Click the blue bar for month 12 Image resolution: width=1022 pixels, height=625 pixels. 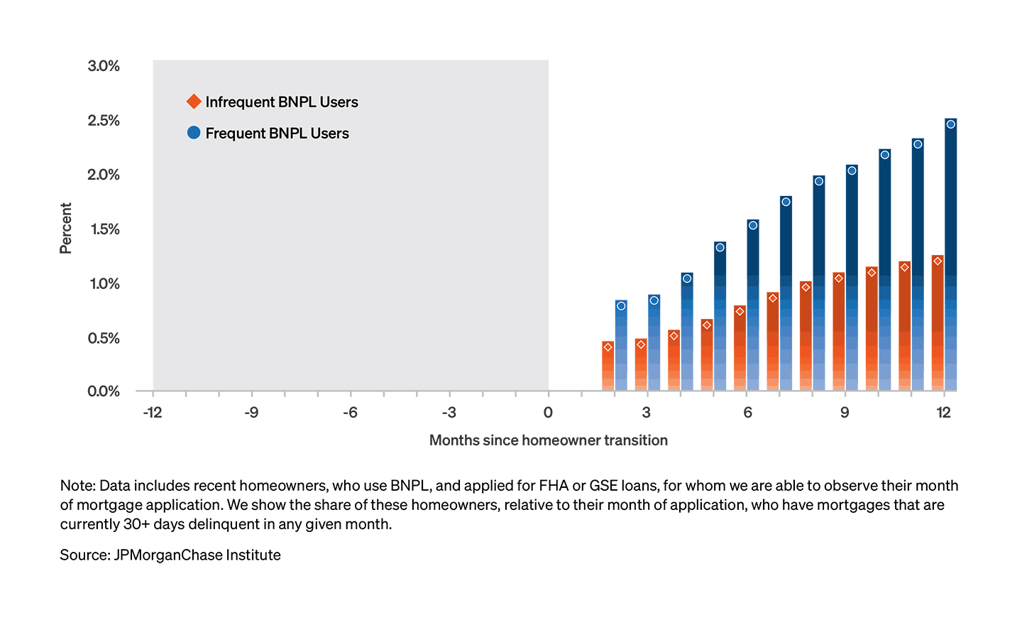[951, 256]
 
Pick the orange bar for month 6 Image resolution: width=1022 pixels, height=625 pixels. [740, 348]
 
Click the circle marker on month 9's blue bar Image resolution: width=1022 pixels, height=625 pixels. [852, 170]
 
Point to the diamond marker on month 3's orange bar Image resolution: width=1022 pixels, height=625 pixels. [641, 344]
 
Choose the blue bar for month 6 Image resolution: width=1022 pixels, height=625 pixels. [753, 305]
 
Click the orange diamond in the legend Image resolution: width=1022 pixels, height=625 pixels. [194, 102]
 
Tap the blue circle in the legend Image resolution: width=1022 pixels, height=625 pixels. [194, 133]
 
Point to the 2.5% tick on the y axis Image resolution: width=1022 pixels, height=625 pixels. [104, 121]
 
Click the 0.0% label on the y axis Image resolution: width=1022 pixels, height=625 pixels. [104, 391]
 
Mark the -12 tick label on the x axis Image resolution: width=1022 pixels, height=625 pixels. [153, 413]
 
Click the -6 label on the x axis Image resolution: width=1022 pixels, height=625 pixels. [350, 413]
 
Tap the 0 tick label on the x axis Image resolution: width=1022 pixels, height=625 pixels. [548, 413]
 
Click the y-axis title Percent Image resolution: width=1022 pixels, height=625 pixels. [66, 228]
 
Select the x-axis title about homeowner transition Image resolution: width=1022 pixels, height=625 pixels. [549, 440]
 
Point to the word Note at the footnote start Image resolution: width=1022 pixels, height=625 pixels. [77, 486]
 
